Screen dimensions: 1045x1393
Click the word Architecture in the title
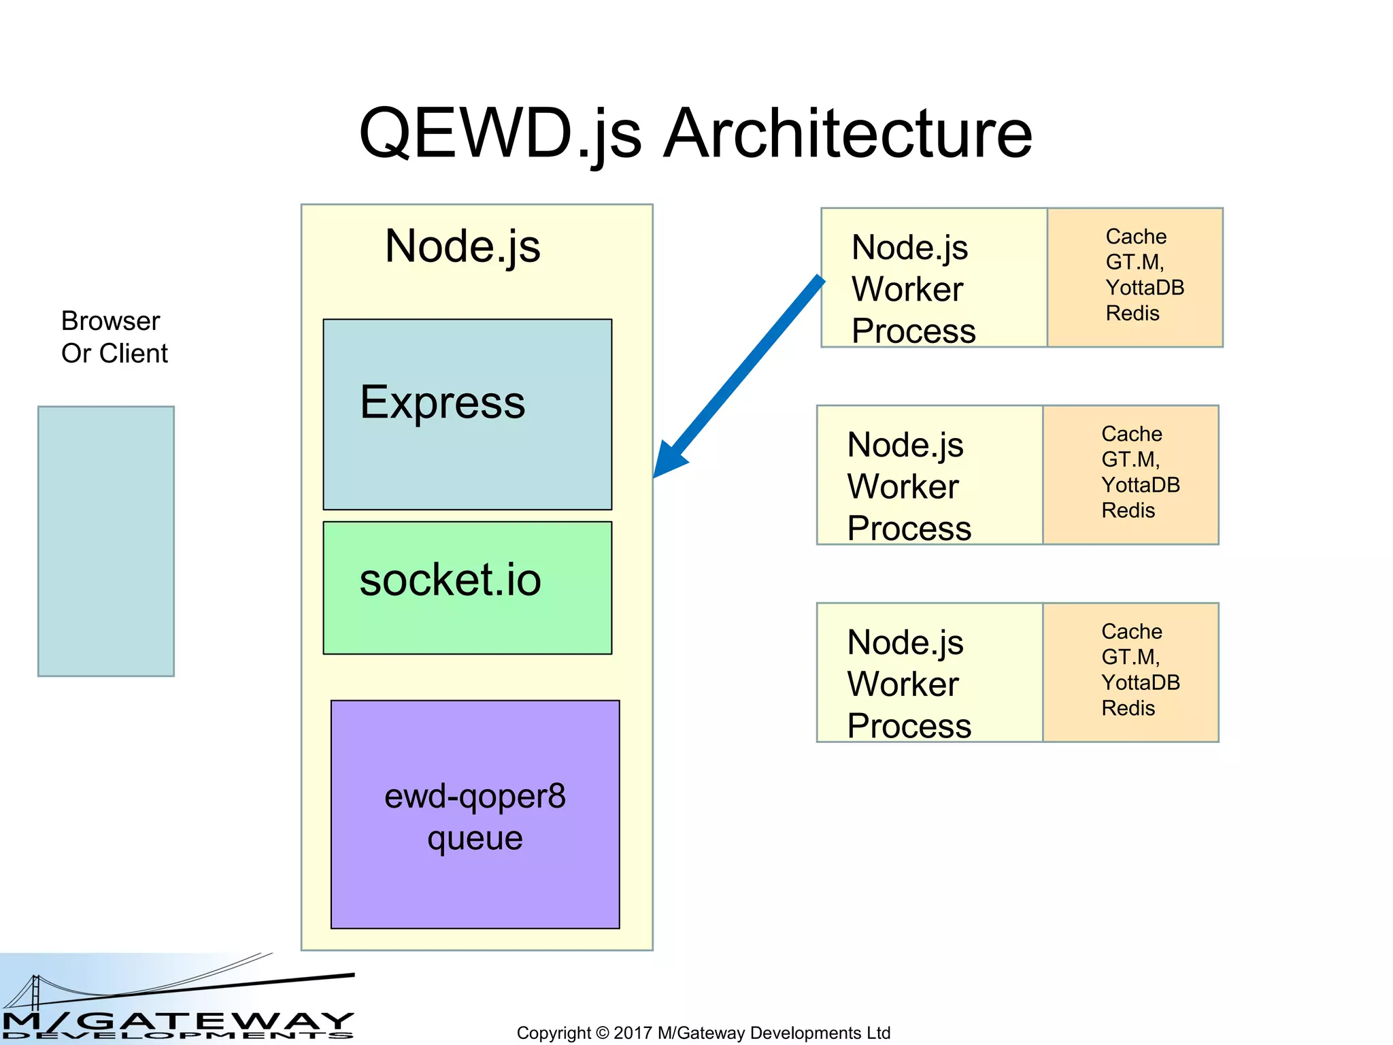847,134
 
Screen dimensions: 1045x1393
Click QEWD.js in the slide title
500,134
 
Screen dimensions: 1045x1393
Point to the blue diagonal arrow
741,374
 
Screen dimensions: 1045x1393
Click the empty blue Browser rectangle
106,541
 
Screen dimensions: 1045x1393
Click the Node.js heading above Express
463,246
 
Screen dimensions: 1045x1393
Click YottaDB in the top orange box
1145,288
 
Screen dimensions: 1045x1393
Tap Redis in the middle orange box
1128,510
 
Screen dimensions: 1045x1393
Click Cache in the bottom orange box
1132,631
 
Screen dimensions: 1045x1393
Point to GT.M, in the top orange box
1135,262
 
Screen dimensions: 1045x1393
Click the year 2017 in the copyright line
633,1033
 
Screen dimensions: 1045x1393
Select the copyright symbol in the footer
602,1033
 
